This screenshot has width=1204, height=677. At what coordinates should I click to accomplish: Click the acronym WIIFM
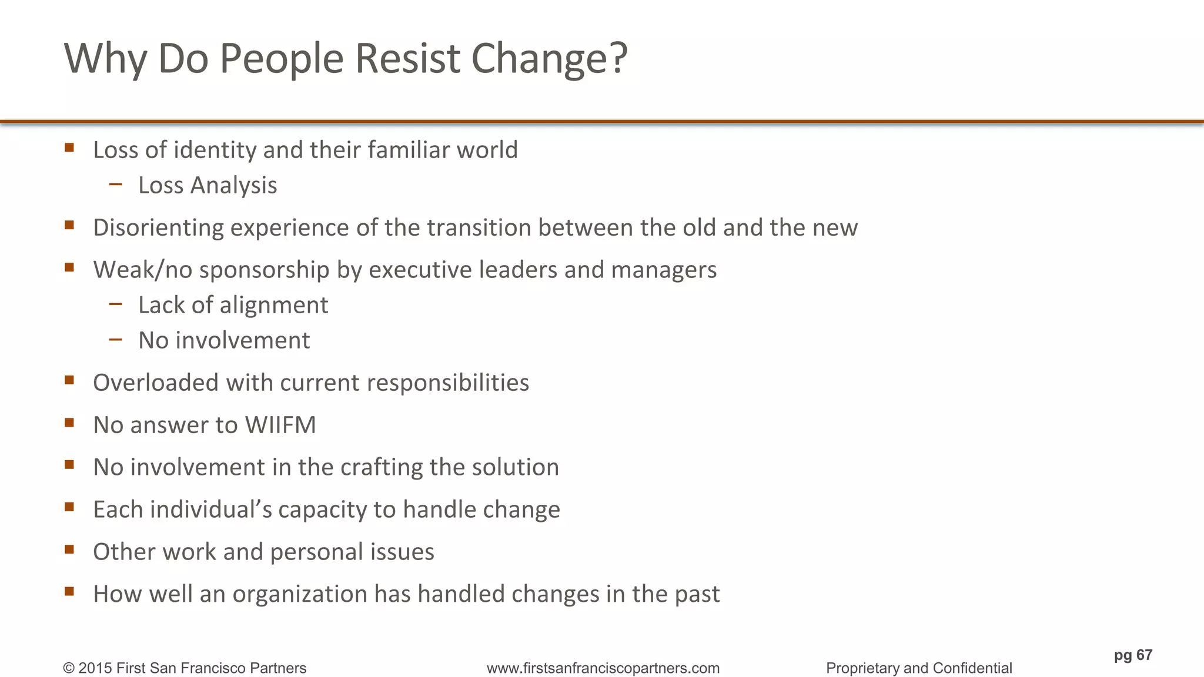[280, 425]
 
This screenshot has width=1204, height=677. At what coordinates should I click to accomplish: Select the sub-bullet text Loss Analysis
[208, 185]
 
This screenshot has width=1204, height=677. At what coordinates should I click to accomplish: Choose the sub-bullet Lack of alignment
[233, 305]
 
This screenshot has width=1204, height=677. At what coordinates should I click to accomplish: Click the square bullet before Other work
[69, 549]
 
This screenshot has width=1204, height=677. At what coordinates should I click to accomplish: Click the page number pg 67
[1133, 655]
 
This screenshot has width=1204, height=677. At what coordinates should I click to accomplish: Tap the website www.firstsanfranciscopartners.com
[603, 668]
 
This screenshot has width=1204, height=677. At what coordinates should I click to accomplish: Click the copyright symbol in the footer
[69, 668]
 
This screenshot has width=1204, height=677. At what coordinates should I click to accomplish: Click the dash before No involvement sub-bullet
[116, 339]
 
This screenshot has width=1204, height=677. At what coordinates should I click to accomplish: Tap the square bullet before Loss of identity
[69, 148]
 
